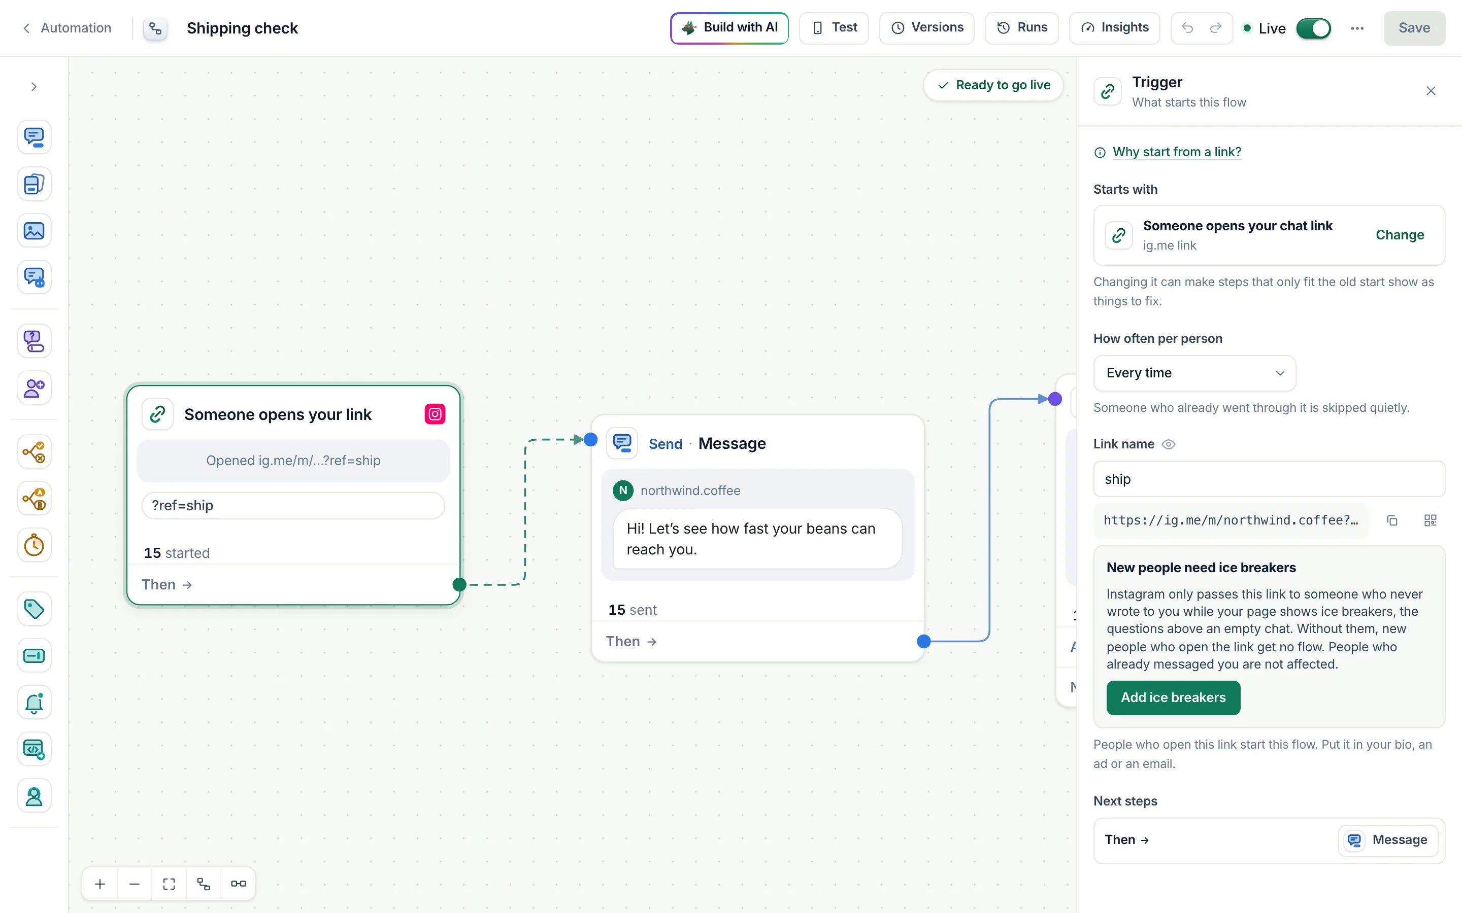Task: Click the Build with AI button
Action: click(729, 28)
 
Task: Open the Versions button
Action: click(927, 28)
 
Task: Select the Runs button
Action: click(1021, 28)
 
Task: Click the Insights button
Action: click(1114, 28)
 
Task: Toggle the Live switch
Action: click(1313, 28)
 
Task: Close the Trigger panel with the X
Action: click(1431, 91)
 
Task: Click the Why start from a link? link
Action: click(1176, 152)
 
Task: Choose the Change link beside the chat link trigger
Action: click(1399, 235)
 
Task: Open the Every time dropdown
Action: click(1194, 373)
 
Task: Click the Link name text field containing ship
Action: click(1269, 479)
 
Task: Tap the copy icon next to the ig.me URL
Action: click(1392, 520)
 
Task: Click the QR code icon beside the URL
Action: click(1430, 520)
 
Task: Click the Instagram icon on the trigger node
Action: click(435, 414)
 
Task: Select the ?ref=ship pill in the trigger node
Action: click(293, 505)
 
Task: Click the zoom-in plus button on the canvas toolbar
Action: click(101, 884)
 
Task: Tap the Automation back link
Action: click(67, 28)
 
